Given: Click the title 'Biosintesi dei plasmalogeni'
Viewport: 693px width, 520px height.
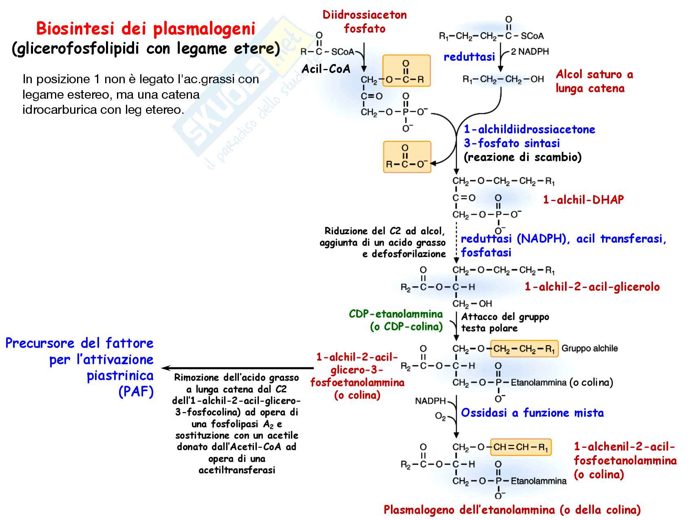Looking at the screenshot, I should [x=146, y=29].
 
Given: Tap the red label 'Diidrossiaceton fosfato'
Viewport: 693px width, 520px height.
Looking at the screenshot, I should [x=364, y=22].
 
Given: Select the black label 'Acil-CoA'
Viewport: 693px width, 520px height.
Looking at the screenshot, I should [x=326, y=69].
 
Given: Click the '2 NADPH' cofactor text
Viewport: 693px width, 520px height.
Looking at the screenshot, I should [x=530, y=51].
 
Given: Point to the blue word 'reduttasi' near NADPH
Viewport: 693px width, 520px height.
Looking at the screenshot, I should [x=469, y=57].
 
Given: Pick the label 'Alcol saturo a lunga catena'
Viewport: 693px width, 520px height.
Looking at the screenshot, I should [x=594, y=81].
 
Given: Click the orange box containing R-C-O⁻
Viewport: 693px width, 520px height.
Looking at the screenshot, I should [x=407, y=157].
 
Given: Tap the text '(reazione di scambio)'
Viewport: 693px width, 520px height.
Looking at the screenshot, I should [x=523, y=157].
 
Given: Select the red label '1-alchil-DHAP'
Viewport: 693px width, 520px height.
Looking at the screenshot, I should [x=583, y=199].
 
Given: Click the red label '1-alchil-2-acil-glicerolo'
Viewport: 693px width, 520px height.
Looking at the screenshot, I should [x=592, y=287].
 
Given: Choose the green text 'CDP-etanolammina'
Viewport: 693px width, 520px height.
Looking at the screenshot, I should [x=395, y=314].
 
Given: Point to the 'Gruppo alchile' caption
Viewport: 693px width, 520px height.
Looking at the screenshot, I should [x=589, y=348].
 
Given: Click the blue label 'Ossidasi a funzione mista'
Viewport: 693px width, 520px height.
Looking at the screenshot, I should [x=532, y=413].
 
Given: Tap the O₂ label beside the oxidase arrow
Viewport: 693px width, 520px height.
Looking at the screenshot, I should [x=440, y=416].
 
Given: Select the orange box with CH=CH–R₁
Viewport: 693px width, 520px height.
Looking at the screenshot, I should [x=521, y=447].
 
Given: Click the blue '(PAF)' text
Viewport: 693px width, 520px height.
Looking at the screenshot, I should [x=136, y=392].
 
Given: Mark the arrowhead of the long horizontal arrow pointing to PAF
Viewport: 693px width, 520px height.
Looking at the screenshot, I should [x=164, y=368].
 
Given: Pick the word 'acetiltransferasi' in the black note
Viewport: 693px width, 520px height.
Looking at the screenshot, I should [x=237, y=470].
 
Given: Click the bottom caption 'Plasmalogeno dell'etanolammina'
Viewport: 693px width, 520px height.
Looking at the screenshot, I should [x=469, y=510].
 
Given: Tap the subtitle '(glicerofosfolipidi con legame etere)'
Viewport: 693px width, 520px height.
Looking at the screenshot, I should [x=146, y=49].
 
